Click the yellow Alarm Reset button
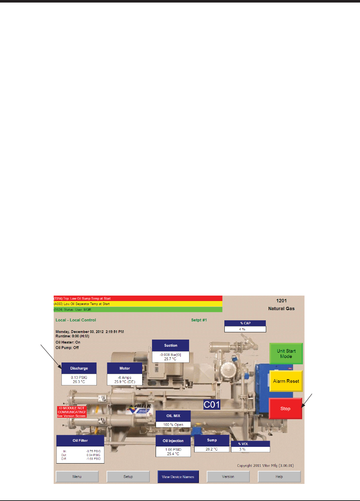tap(286, 381)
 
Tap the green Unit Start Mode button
tap(286, 353)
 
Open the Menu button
tap(77, 477)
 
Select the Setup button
tap(128, 477)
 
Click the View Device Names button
tap(178, 477)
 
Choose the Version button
tap(228, 477)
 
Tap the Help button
tap(279, 477)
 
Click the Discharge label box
tap(79, 368)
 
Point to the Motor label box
tap(125, 368)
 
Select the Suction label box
tap(171, 345)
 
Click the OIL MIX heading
tap(173, 416)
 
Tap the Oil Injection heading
tap(173, 441)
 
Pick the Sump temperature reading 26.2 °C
tap(212, 449)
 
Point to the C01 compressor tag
tap(212, 405)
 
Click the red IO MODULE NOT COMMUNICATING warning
tap(72, 412)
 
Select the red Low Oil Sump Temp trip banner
tap(138, 298)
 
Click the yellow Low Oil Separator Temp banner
tap(138, 304)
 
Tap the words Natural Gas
tap(281, 309)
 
